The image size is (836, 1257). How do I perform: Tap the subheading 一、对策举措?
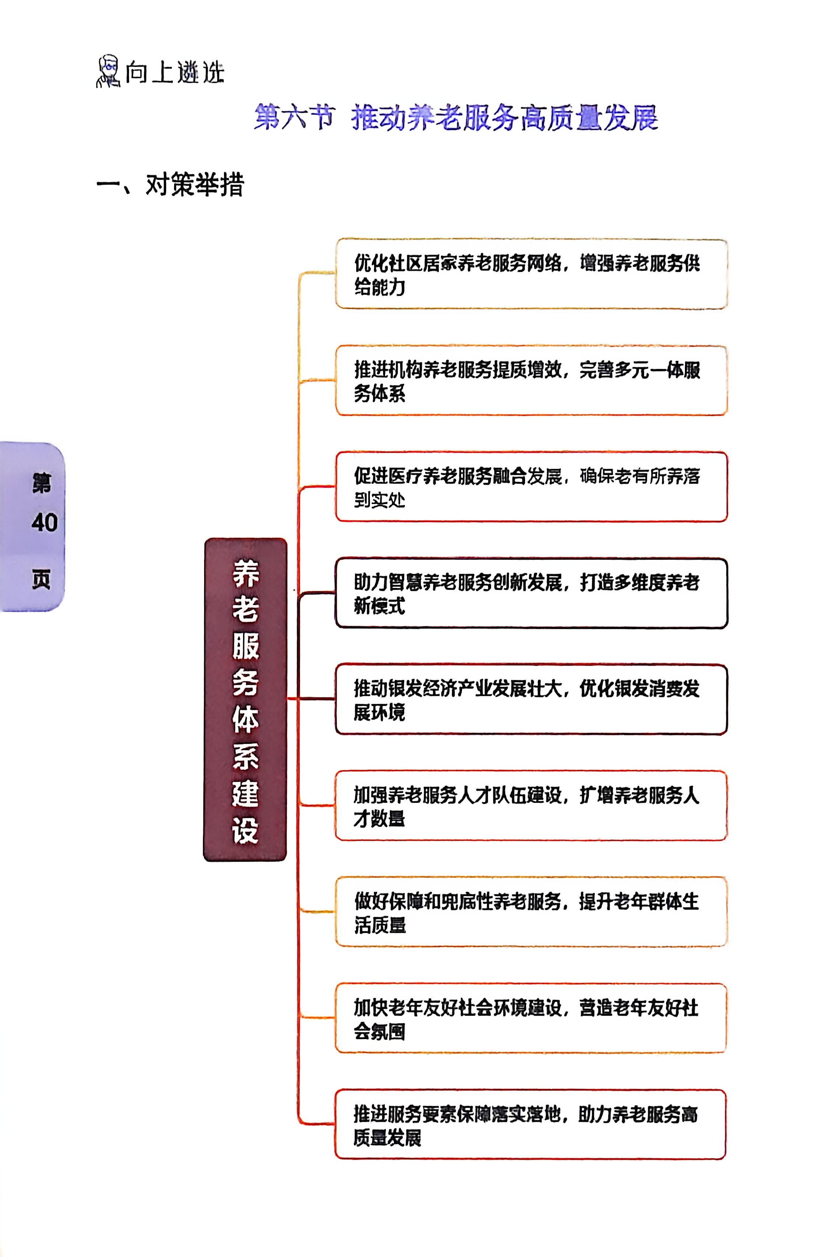pyautogui.click(x=170, y=185)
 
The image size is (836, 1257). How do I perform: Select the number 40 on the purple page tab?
pyautogui.click(x=44, y=522)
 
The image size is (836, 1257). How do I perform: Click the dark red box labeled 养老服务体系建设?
pyautogui.click(x=245, y=699)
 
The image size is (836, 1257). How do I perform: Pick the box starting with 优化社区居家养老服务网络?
pyautogui.click(x=531, y=274)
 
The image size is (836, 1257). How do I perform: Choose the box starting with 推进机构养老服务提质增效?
pyautogui.click(x=531, y=380)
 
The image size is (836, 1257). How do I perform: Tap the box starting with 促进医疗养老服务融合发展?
pyautogui.click(x=531, y=486)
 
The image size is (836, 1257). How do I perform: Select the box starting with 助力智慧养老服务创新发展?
pyautogui.click(x=531, y=593)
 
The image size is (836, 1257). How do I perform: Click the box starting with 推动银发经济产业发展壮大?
pyautogui.click(x=531, y=699)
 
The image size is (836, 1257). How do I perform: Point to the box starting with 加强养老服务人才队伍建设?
pyautogui.click(x=531, y=805)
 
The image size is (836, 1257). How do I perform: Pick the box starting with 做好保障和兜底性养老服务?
pyautogui.click(x=531, y=911)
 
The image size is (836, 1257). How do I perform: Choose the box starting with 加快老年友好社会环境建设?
pyautogui.click(x=531, y=1018)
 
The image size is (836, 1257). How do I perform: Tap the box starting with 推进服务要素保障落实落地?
pyautogui.click(x=531, y=1124)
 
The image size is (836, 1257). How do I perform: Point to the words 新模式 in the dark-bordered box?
pyautogui.click(x=379, y=606)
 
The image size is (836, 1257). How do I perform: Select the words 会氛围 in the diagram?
pyautogui.click(x=379, y=1031)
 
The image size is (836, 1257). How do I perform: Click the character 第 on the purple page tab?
pyautogui.click(x=42, y=483)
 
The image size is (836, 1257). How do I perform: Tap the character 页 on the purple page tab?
pyautogui.click(x=42, y=579)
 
